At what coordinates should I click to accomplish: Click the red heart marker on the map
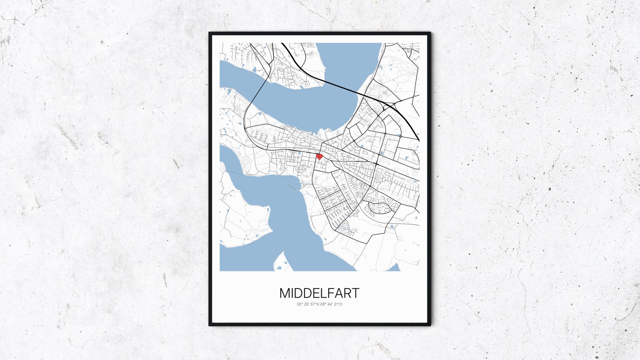point(319,156)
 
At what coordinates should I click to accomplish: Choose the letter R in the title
point(348,293)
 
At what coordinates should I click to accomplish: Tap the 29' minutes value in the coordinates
point(306,304)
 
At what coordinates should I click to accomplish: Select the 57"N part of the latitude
point(314,304)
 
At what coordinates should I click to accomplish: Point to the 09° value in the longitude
point(323,304)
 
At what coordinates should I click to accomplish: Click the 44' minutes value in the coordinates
point(330,304)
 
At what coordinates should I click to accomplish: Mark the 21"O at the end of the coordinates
point(338,304)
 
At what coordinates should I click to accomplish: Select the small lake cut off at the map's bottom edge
point(395,268)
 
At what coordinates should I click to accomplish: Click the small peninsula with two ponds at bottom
point(282,263)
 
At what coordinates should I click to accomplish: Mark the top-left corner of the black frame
point(210,33)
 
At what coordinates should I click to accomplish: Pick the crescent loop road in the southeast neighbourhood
point(380,208)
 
